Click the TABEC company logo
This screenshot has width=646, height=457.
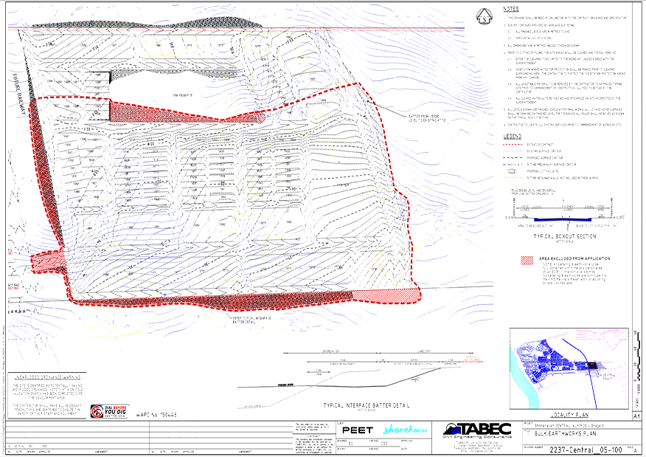pyautogui.click(x=476, y=430)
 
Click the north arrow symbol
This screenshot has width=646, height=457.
pyautogui.click(x=484, y=16)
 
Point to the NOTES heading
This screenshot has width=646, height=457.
pyautogui.click(x=511, y=9)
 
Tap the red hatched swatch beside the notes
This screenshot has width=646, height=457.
pyautogui.click(x=527, y=261)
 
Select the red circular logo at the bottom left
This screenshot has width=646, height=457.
pyautogui.click(x=97, y=410)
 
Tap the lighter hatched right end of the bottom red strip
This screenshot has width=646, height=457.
pyautogui.click(x=386, y=295)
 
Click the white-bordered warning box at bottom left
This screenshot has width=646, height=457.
pyautogui.click(x=47, y=395)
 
